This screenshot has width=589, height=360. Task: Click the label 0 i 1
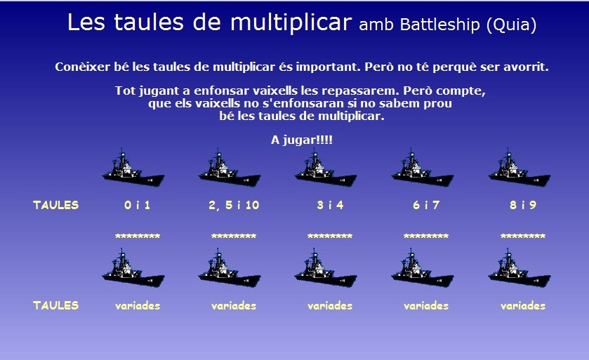[138, 205]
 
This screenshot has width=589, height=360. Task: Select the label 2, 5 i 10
[234, 205]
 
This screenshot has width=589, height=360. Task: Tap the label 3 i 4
[330, 205]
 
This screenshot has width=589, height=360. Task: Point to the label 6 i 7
[426, 205]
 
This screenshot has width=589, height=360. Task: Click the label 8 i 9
[523, 205]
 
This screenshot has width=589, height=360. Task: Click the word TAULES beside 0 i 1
[56, 205]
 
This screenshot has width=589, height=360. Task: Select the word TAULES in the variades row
[56, 305]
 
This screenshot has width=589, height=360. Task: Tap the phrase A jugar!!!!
[302, 140]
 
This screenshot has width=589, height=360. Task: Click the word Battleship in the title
[440, 25]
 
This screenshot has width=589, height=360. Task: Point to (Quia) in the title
[511, 25]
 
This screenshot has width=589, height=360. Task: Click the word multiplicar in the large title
[291, 22]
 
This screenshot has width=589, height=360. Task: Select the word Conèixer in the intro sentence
[82, 67]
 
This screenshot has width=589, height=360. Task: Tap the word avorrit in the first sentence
[526, 67]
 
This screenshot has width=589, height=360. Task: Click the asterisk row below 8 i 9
[523, 236]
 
